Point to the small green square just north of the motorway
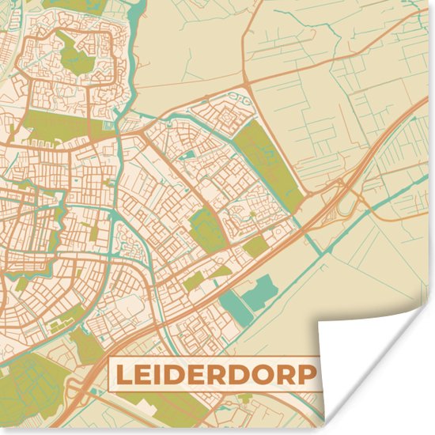click(255, 247)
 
